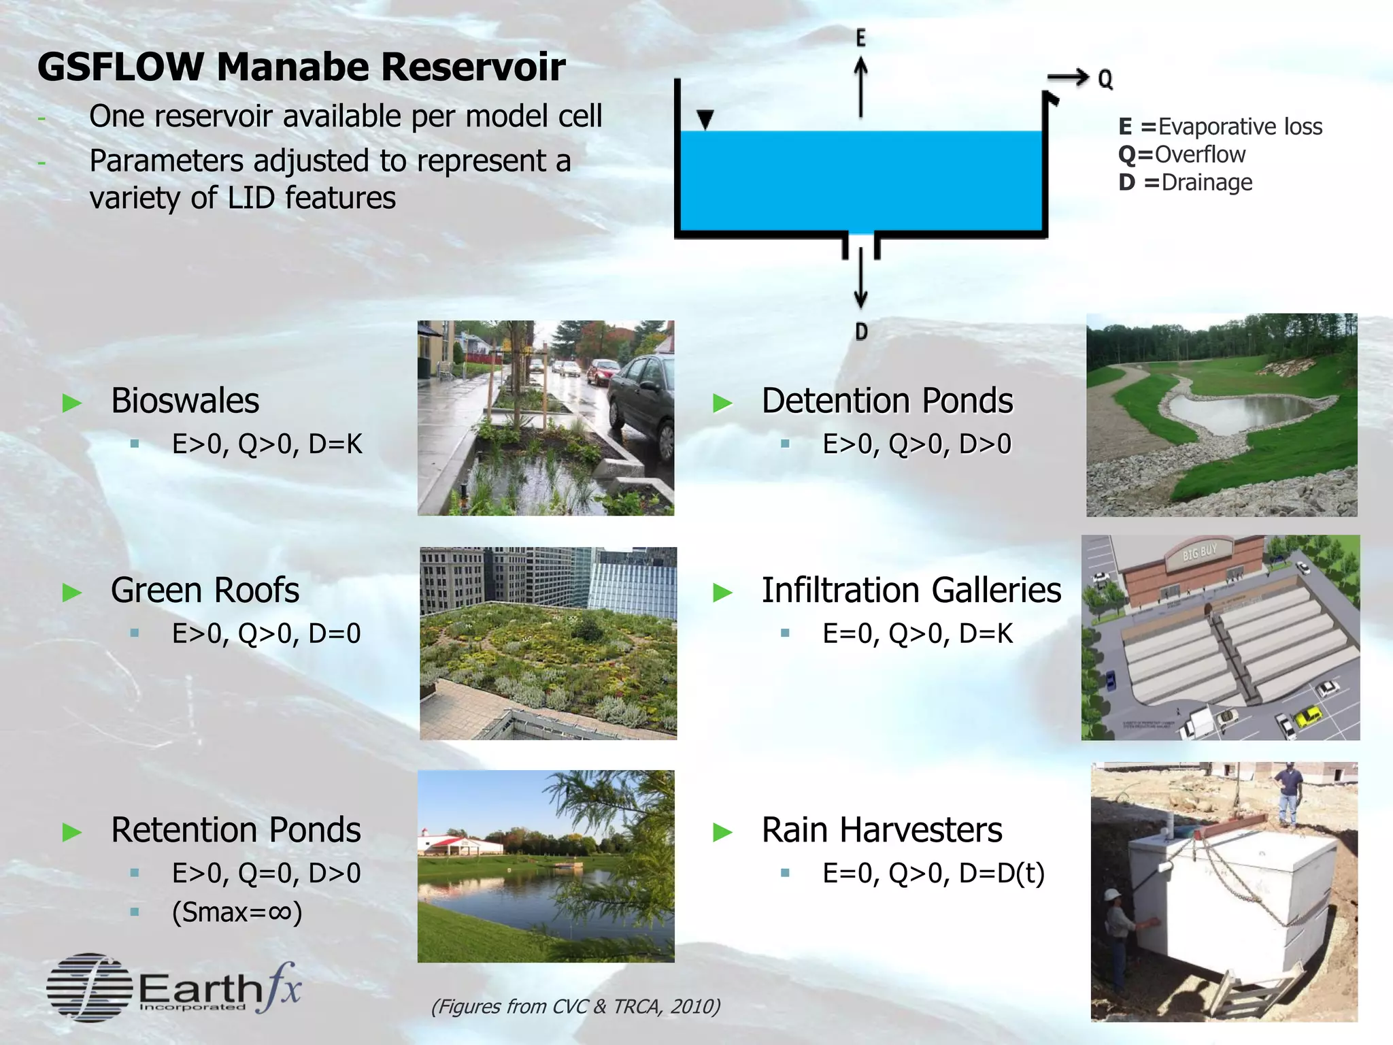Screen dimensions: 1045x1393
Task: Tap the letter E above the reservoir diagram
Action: click(x=860, y=38)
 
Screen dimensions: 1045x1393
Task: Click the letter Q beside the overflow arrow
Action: click(x=1105, y=79)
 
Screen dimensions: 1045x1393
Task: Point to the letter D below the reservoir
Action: click(x=861, y=332)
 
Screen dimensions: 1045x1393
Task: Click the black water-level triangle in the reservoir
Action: click(x=705, y=120)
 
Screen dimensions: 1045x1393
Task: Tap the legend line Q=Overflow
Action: click(x=1181, y=154)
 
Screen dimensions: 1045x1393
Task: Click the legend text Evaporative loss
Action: click(x=1239, y=127)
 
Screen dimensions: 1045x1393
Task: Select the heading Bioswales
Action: click(x=185, y=400)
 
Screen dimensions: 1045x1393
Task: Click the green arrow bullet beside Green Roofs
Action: click(x=72, y=592)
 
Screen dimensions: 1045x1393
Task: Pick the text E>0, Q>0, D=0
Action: click(x=266, y=633)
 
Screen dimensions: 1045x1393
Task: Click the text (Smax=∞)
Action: click(x=237, y=912)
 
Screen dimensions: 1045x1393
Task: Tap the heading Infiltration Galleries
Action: click(x=911, y=590)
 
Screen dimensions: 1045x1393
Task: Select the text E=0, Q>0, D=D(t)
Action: click(x=933, y=873)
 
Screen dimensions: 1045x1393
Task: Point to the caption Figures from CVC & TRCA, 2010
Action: click(x=575, y=1006)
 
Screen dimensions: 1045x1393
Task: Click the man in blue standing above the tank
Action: click(x=1288, y=793)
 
